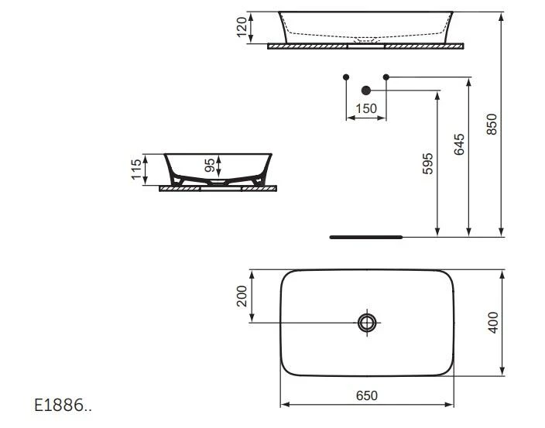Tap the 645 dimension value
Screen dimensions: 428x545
tap(458, 145)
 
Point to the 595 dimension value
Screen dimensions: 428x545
tap(427, 164)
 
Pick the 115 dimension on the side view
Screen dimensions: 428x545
tap(136, 169)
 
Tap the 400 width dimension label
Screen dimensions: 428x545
tap(493, 322)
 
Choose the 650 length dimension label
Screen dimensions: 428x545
tap(366, 395)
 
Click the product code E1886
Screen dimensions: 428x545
tap(62, 405)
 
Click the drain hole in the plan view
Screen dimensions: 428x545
tap(367, 322)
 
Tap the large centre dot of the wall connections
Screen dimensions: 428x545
tap(366, 90)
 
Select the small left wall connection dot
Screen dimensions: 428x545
tap(346, 77)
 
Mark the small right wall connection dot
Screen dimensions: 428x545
tap(386, 77)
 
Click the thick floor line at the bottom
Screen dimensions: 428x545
tap(365, 237)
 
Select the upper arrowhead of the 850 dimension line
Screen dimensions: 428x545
tap(502, 16)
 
